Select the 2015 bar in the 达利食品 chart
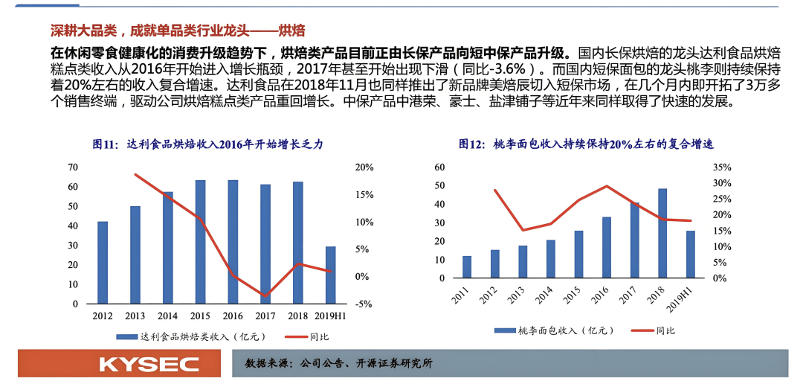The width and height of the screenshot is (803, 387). tap(200, 242)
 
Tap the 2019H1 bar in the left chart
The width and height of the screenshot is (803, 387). tap(330, 275)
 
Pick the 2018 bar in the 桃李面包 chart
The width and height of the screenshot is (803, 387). tap(662, 233)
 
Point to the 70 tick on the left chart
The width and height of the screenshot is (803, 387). tap(72, 167)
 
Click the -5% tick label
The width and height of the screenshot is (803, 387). tap(364, 304)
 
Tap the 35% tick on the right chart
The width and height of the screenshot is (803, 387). tap(721, 167)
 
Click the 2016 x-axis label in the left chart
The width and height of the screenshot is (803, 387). tap(233, 316)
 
